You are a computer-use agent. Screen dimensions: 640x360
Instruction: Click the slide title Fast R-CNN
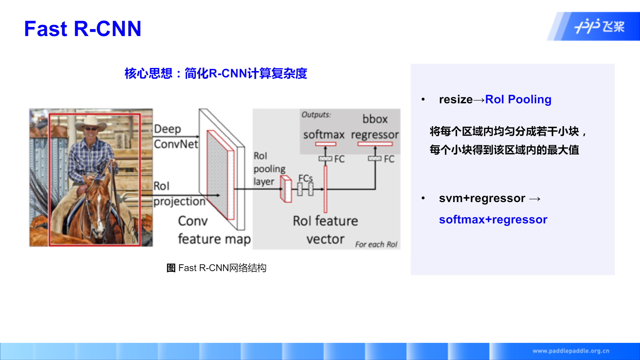pyautogui.click(x=83, y=29)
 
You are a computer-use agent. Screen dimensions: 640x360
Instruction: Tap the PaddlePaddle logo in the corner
pyautogui.click(x=599, y=26)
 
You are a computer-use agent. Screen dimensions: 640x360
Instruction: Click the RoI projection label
pyautogui.click(x=179, y=194)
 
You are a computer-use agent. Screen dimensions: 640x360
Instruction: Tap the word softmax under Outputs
pyautogui.click(x=324, y=135)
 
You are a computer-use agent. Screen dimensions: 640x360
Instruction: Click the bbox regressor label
pyautogui.click(x=375, y=127)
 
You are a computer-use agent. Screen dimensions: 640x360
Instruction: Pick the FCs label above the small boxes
pyautogui.click(x=305, y=178)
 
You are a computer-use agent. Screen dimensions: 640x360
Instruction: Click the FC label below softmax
pyautogui.click(x=339, y=159)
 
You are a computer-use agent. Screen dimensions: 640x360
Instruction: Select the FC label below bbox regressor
pyautogui.click(x=389, y=159)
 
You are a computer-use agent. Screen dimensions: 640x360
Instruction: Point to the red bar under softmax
pyautogui.click(x=326, y=144)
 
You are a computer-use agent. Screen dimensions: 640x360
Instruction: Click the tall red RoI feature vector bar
pyautogui.click(x=325, y=189)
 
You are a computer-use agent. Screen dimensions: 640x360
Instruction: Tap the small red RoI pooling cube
pyautogui.click(x=286, y=189)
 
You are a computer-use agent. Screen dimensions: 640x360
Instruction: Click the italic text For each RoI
pyautogui.click(x=376, y=244)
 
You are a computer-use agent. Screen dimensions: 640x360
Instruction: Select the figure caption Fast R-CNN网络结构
pyautogui.click(x=216, y=268)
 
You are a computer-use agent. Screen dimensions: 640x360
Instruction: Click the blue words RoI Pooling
pyautogui.click(x=518, y=99)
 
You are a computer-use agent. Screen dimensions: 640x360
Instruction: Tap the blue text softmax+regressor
pyautogui.click(x=493, y=220)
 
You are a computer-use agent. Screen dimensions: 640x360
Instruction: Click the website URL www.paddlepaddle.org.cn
pyautogui.click(x=571, y=351)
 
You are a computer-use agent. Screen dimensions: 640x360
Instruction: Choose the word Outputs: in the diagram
pyautogui.click(x=316, y=115)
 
